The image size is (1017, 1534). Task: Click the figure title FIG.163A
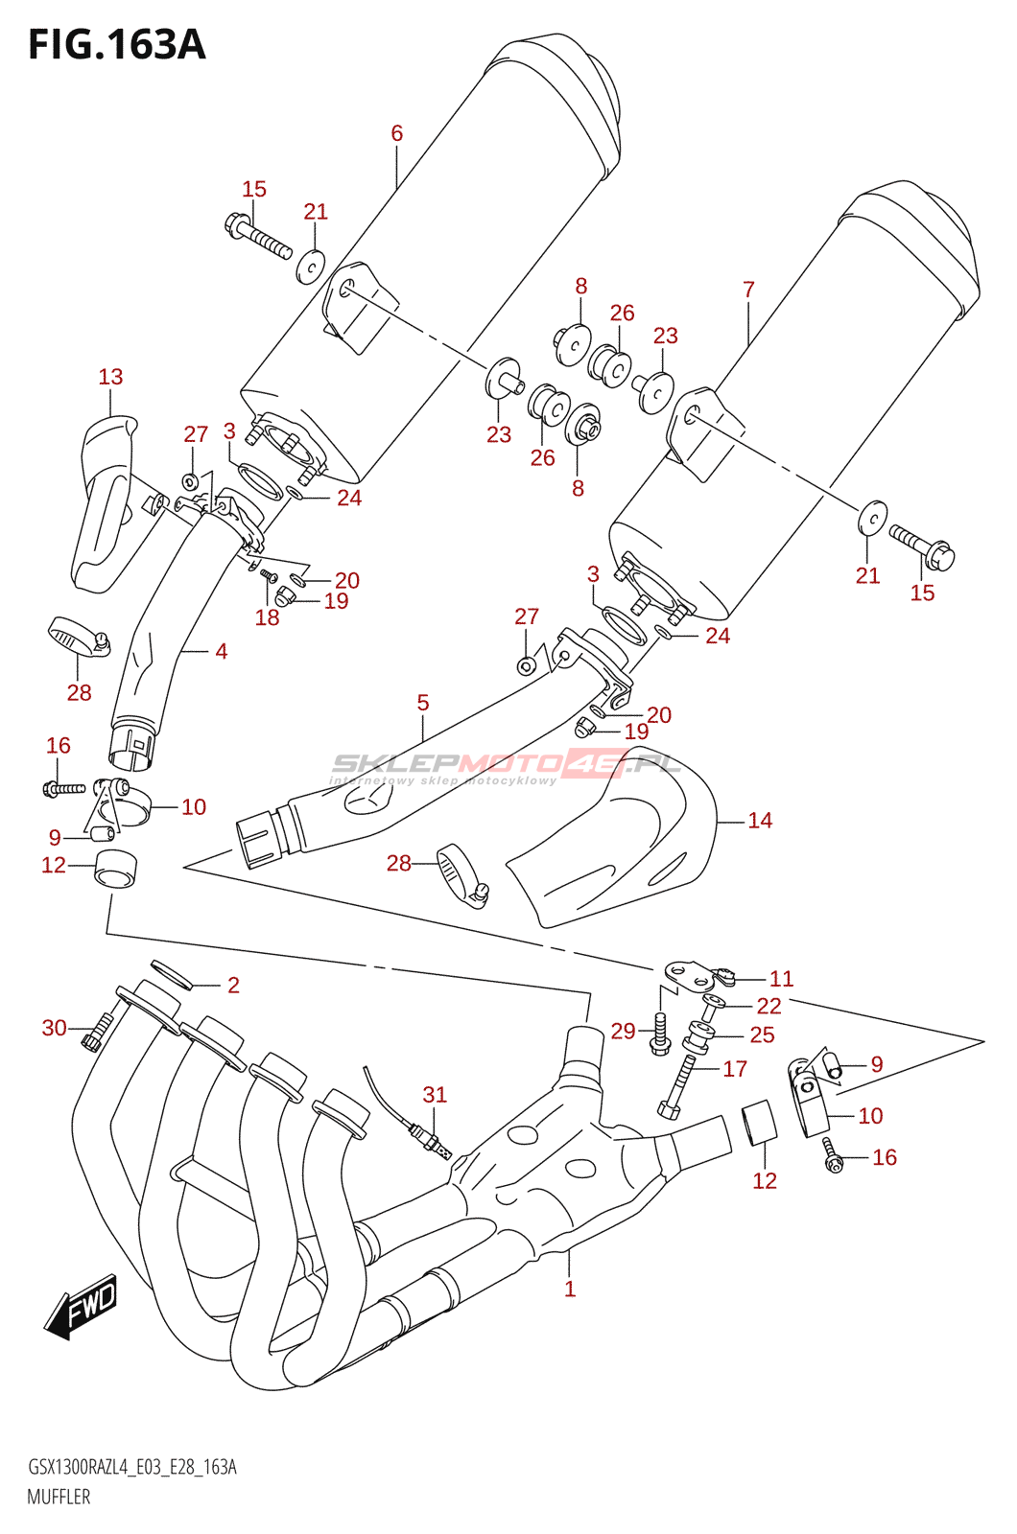116,44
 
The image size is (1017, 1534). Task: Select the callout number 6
397,133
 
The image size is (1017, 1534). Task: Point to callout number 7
748,289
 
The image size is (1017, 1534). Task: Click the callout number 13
110,377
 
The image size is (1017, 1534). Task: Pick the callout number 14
760,821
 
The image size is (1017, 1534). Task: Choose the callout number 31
435,1095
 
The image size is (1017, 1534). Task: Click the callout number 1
570,1290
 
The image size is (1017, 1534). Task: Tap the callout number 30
55,1028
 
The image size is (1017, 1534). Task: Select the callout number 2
233,985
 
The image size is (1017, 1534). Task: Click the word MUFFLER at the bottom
59,1497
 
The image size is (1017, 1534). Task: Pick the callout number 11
782,979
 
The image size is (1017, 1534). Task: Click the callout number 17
735,1069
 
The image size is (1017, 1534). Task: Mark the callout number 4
222,652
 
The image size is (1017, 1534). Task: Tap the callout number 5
423,703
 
